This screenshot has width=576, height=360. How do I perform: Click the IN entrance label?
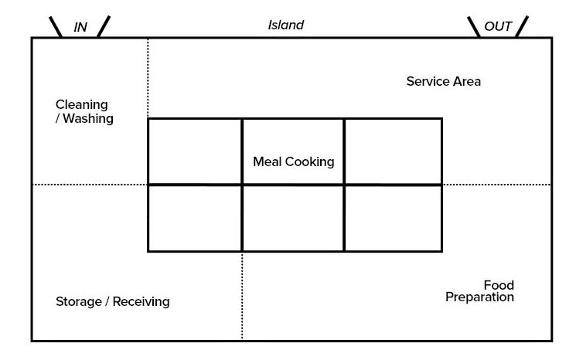80,27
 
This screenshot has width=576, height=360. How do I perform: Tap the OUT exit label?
498,27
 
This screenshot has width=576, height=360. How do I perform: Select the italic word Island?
286,25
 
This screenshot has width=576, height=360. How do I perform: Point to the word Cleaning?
82,104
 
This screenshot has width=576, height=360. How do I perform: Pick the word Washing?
88,119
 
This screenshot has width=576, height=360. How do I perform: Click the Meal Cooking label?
293,162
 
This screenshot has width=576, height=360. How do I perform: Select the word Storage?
79,301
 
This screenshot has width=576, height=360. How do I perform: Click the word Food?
499,285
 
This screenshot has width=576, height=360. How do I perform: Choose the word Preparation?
479,297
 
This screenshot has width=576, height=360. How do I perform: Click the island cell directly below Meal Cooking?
293,219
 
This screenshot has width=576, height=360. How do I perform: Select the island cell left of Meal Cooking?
195,151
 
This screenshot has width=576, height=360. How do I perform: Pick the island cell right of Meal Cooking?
393,151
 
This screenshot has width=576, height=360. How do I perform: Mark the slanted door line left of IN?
56,27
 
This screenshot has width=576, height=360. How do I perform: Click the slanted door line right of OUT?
523,27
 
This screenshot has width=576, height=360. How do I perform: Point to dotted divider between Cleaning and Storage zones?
89,185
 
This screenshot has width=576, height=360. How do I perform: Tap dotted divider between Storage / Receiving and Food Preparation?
242,297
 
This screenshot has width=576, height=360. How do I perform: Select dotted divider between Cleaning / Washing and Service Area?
148,77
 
